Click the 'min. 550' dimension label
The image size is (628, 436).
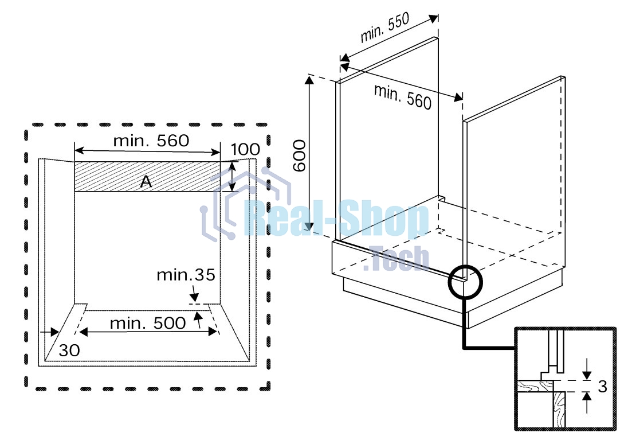pyautogui.click(x=384, y=28)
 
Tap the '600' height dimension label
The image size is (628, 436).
pyautogui.click(x=300, y=155)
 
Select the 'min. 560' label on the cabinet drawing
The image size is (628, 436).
pyautogui.click(x=402, y=96)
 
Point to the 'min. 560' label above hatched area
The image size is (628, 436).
pyautogui.click(x=151, y=141)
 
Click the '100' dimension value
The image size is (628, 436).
pyautogui.click(x=245, y=150)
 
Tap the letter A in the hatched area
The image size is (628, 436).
pyautogui.click(x=146, y=182)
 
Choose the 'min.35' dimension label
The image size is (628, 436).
pyautogui.click(x=186, y=275)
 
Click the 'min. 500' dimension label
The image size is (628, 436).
pyautogui.click(x=148, y=324)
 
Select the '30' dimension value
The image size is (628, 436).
pyautogui.click(x=69, y=350)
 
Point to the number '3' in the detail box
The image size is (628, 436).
pyautogui.click(x=602, y=387)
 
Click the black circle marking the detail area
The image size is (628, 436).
pyautogui.click(x=465, y=281)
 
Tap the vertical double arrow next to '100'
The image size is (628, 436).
pyautogui.click(x=232, y=177)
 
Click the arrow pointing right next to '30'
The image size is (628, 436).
pyautogui.click(x=50, y=332)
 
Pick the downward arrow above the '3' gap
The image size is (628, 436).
pyautogui.click(x=587, y=369)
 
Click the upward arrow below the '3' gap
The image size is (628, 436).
pyautogui.click(x=587, y=402)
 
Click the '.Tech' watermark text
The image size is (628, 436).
pyautogui.click(x=396, y=259)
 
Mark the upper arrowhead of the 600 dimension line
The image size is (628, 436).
pyautogui.click(x=309, y=80)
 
